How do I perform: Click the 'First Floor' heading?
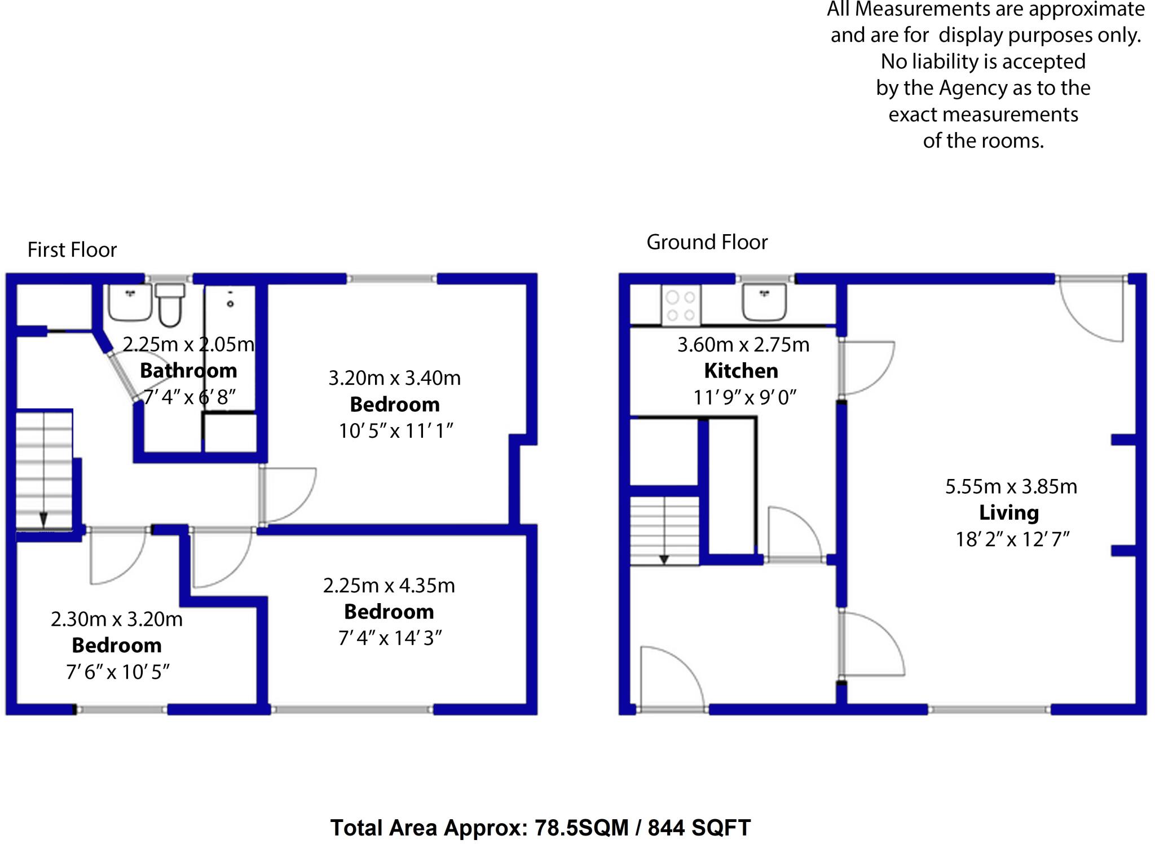72,250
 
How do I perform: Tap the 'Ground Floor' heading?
707,242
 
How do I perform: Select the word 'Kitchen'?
741,371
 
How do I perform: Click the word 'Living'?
1008,512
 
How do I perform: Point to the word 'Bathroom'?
188,370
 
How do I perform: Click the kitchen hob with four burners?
681,306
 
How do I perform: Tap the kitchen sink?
764,302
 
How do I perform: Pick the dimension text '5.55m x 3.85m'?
1011,486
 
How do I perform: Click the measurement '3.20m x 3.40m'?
395,377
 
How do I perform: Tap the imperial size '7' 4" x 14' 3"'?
390,638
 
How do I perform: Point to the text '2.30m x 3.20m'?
117,619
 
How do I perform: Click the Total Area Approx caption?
540,828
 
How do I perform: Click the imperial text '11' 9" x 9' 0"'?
744,398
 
